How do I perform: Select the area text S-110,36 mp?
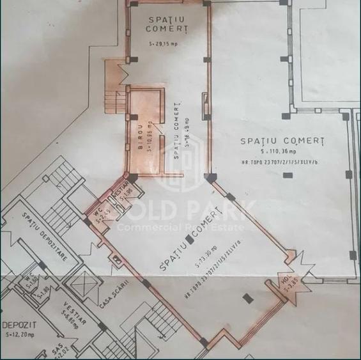tap(282, 151)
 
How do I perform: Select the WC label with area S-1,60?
tap(28, 283)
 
